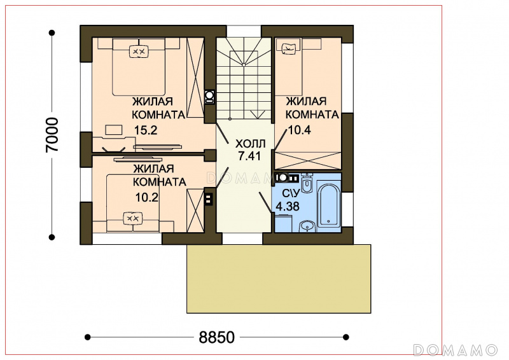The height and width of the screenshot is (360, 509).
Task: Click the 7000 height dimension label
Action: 52,135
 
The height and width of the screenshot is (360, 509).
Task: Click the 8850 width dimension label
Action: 216,337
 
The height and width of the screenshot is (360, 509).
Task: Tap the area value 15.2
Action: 146,130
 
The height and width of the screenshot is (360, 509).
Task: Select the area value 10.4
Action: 300,130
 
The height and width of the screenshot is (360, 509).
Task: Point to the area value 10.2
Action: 147,197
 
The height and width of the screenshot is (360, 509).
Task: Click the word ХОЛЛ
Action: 250,144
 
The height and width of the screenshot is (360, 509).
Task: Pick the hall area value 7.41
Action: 249,156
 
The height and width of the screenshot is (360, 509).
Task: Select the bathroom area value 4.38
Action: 288,207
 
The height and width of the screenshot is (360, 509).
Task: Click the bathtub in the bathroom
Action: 329,206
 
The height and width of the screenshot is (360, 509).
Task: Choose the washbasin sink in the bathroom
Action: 307,226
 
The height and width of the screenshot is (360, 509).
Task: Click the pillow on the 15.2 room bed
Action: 139,52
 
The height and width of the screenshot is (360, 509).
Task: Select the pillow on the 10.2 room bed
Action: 133,218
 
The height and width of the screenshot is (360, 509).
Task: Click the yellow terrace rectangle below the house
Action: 279,279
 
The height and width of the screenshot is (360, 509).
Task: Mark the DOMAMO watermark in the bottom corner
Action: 456,350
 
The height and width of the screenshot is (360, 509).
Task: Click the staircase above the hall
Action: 244,79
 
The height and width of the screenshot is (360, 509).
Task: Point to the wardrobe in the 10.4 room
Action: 308,160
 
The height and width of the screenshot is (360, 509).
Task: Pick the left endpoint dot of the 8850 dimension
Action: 87,337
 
